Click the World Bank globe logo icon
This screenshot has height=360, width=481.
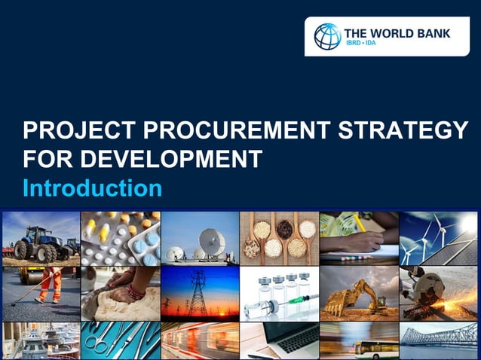pyautogui.click(x=327, y=36)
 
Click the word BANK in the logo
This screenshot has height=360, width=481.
pyautogui.click(x=434, y=33)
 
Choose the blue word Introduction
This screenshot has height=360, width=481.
pyautogui.click(x=92, y=188)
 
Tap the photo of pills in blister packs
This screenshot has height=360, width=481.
pyautogui.click(x=121, y=237)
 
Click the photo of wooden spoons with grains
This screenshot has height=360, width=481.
pyautogui.click(x=278, y=237)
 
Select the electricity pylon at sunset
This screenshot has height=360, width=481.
pyautogui.click(x=198, y=295)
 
